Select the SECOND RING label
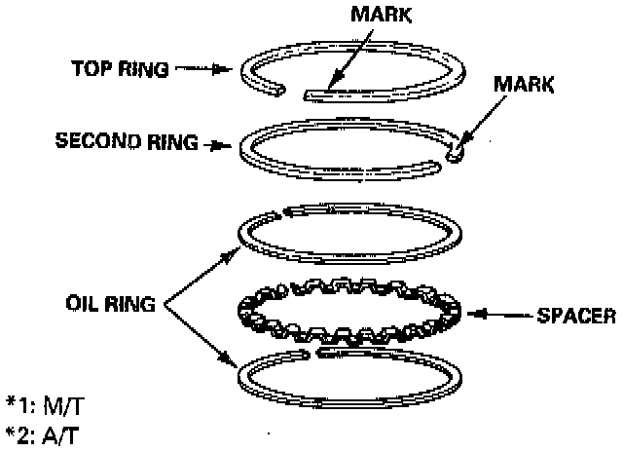(125, 142)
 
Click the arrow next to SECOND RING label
(217, 143)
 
